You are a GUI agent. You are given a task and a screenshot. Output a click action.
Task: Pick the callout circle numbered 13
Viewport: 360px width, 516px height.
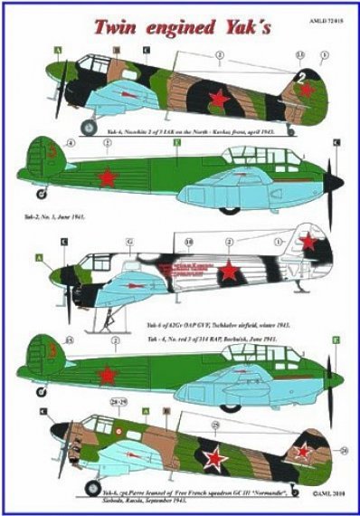[276, 56]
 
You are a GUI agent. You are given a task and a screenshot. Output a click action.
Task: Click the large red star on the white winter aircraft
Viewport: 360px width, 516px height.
[230, 271]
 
